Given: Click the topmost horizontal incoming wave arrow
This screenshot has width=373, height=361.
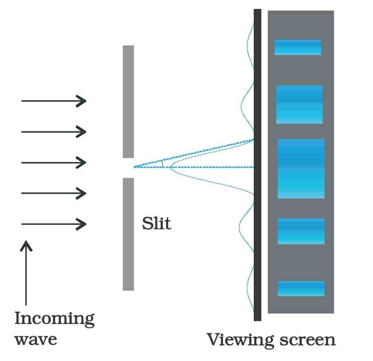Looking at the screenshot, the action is [x=54, y=101].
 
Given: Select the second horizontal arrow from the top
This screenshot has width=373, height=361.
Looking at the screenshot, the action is [x=54, y=132].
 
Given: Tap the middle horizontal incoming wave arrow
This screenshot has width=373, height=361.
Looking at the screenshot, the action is [x=54, y=163].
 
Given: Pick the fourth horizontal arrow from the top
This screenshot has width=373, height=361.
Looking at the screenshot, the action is [x=54, y=193].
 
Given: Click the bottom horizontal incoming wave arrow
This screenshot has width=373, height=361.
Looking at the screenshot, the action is [x=54, y=224].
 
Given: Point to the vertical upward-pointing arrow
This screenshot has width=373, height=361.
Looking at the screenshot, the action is [x=26, y=273].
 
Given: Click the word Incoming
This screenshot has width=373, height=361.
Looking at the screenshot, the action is [x=54, y=319].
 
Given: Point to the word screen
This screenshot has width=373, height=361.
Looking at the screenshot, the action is [x=308, y=340].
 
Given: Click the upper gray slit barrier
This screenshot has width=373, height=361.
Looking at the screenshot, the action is [x=128, y=101].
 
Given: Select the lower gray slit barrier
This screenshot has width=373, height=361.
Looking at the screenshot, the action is [x=128, y=234].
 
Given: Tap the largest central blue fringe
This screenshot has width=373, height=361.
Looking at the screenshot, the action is [x=301, y=169].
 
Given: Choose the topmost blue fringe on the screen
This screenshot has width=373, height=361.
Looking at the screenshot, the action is [x=298, y=47].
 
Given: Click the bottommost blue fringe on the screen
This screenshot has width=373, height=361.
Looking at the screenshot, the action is [x=301, y=288].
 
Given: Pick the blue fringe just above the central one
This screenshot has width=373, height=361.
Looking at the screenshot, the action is [x=299, y=104].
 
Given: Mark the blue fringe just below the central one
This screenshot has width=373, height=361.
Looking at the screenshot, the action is [x=301, y=231].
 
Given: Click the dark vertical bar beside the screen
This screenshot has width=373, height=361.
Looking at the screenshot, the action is [x=257, y=165].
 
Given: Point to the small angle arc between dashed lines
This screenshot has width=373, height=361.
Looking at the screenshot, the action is [x=162, y=163].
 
